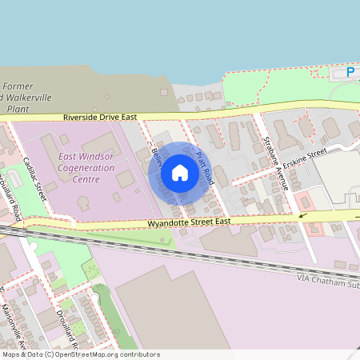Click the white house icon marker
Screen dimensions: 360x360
(x=180, y=173)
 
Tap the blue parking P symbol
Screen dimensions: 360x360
(x=350, y=73)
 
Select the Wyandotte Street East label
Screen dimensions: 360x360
(x=189, y=221)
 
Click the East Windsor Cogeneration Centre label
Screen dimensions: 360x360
(x=78, y=169)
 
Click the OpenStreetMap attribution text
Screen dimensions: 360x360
(x=80, y=354)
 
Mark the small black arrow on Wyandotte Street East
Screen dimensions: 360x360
(x=302, y=214)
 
